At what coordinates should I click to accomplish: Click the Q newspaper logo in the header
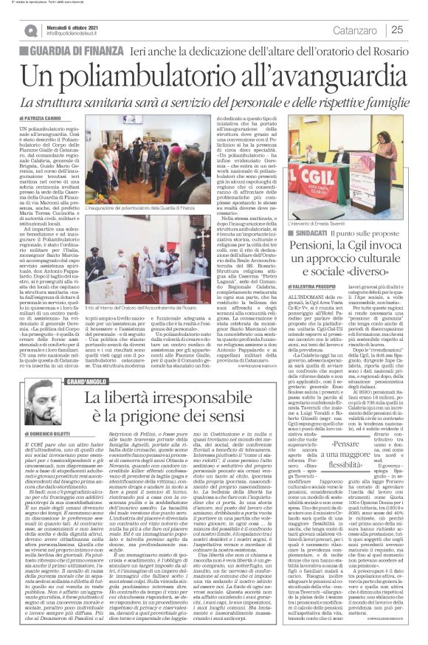pyautogui.click(x=30, y=30)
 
